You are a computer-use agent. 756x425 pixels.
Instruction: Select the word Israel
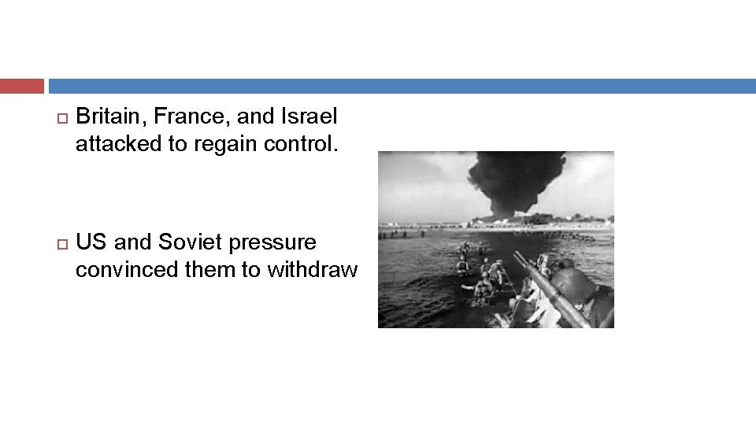pos(309,116)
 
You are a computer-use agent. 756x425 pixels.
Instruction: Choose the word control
pos(299,145)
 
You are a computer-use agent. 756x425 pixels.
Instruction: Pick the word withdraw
pos(313,270)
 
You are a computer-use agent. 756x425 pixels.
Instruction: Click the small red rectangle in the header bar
pos(22,86)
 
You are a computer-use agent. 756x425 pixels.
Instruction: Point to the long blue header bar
pos(402,86)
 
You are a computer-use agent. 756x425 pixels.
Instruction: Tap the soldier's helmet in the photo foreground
pos(573,284)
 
